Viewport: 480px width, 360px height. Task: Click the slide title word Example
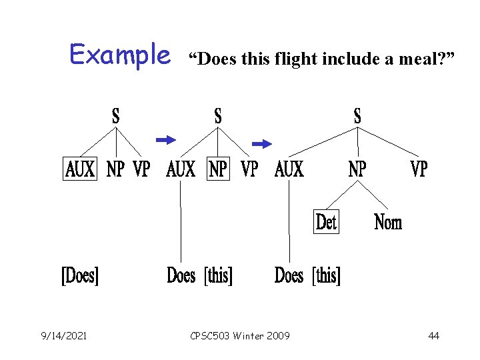tap(120, 55)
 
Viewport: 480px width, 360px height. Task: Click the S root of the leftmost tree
tap(116, 116)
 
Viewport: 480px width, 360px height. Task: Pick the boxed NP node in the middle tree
tap(218, 169)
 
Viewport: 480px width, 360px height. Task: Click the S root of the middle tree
tap(218, 116)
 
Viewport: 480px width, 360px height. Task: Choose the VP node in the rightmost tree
tap(418, 169)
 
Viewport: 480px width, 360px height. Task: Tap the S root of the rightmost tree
tap(357, 116)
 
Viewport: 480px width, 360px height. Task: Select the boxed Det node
tap(326, 221)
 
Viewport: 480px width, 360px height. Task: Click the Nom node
tap(388, 221)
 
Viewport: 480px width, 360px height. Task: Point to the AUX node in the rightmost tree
tap(289, 169)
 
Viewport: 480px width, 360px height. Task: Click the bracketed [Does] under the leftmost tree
tap(80, 275)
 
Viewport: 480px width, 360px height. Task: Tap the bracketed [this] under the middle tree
tap(219, 275)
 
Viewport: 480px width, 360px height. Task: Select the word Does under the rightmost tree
tap(289, 275)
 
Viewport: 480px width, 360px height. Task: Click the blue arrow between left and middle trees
tap(165, 139)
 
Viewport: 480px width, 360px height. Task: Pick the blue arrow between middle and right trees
tap(262, 143)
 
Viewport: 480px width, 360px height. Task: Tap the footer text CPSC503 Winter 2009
tap(240, 335)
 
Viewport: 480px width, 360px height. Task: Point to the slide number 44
tap(433, 335)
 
